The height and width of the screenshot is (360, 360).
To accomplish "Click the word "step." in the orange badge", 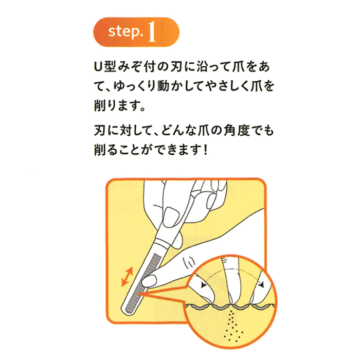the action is pyautogui.click(x=125, y=31).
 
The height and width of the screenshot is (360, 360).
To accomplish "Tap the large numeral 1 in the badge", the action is pyautogui.click(x=152, y=32).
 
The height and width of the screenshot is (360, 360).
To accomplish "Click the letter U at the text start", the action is pyautogui.click(x=98, y=67).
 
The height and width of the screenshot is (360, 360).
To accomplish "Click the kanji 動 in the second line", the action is pyautogui.click(x=163, y=86).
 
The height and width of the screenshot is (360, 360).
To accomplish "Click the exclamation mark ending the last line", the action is pyautogui.click(x=206, y=150).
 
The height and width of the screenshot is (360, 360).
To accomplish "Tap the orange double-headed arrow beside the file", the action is pyautogui.click(x=127, y=277).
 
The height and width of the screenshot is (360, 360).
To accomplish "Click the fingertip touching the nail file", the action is pyautogui.click(x=149, y=281).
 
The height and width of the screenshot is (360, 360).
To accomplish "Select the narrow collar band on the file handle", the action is pyautogui.click(x=162, y=241).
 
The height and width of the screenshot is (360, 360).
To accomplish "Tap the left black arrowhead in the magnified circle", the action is pyautogui.click(x=203, y=285).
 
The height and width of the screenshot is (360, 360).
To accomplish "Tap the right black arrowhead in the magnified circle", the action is pyautogui.click(x=261, y=285).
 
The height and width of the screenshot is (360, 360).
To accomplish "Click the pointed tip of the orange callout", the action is pyautogui.click(x=138, y=293).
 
